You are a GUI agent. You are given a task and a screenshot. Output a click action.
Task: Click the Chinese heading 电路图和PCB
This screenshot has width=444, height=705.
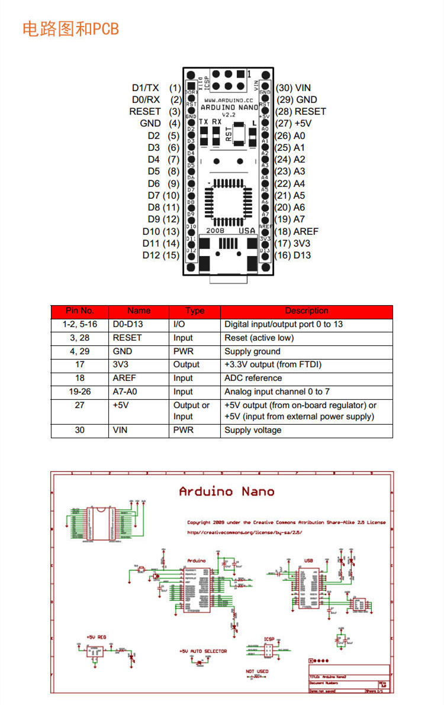[x=70, y=28]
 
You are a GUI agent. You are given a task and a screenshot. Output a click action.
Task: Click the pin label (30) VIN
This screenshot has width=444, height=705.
[x=293, y=88]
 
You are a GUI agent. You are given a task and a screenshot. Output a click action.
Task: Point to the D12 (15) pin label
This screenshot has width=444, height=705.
[x=160, y=255]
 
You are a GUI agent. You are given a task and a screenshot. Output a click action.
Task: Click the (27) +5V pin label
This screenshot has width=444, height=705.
[x=294, y=124]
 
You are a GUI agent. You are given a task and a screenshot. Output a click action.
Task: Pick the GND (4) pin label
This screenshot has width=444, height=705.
[x=160, y=124]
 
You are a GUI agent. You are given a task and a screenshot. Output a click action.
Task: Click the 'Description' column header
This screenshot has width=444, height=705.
[x=306, y=311]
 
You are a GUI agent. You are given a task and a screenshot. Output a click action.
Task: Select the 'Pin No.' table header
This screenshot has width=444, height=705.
[x=80, y=311]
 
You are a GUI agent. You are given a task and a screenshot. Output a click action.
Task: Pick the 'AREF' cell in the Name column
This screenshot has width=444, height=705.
[x=123, y=378]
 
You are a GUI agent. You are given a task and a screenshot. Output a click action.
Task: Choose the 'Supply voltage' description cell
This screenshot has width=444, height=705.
[x=253, y=430]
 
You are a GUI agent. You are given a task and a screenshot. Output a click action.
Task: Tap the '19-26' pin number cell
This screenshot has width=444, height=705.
[x=80, y=392]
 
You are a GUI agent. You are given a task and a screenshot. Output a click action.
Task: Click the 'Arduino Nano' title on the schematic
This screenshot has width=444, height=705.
[x=227, y=491]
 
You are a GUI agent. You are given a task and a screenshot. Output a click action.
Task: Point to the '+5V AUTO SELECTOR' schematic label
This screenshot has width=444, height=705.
[x=203, y=651]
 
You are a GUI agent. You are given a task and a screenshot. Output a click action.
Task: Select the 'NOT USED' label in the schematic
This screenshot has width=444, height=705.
[x=257, y=671]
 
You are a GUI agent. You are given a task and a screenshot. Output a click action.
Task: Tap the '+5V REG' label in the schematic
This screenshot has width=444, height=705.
[x=96, y=637]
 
